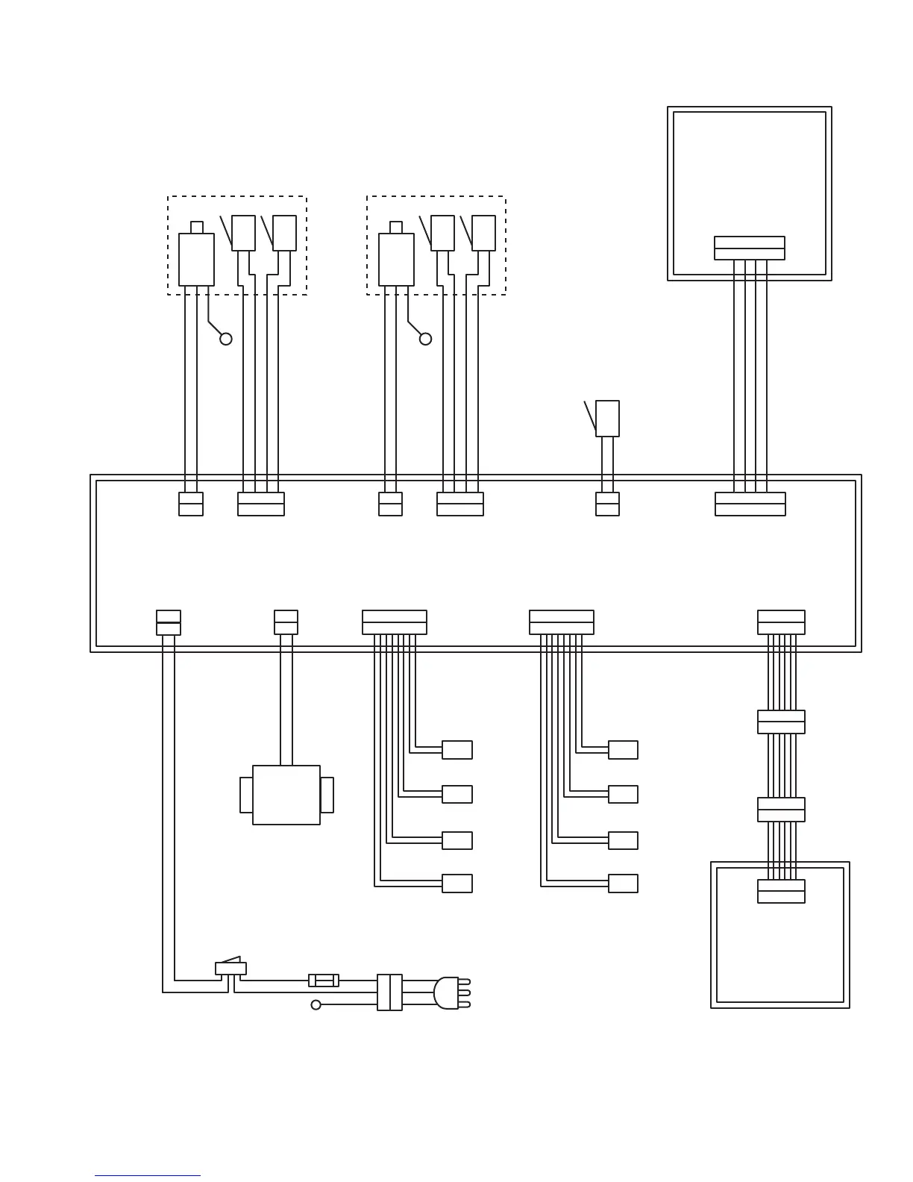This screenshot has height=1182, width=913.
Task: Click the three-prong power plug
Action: (x=448, y=993)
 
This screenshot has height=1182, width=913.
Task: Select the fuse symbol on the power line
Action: (x=324, y=980)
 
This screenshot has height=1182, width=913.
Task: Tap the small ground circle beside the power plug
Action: (x=316, y=1005)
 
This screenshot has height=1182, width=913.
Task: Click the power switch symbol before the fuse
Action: (x=230, y=967)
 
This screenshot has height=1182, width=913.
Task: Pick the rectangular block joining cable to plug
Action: (x=389, y=992)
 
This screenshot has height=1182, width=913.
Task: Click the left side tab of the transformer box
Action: (x=246, y=795)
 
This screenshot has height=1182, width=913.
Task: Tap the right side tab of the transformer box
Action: (x=327, y=795)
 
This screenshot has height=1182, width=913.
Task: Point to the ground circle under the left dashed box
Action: (x=226, y=339)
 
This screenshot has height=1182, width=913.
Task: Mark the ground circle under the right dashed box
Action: (x=425, y=339)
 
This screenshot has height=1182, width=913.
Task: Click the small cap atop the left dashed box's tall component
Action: (x=197, y=227)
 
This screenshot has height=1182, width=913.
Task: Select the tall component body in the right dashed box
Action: (x=396, y=260)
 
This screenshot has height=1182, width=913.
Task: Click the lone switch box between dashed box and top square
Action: (x=607, y=418)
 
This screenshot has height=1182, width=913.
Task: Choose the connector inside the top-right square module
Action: (x=749, y=248)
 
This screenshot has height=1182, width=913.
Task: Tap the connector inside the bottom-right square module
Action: (x=781, y=891)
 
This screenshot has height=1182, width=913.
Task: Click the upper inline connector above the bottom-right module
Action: (x=781, y=722)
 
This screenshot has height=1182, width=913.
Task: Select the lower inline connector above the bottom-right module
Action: (x=781, y=810)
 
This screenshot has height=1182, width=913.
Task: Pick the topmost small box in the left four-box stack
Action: (x=457, y=749)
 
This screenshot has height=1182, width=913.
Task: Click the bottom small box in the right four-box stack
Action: (x=623, y=884)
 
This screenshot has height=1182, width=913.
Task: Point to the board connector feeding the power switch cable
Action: (x=169, y=622)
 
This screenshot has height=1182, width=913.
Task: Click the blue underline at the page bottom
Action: (x=148, y=1175)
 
